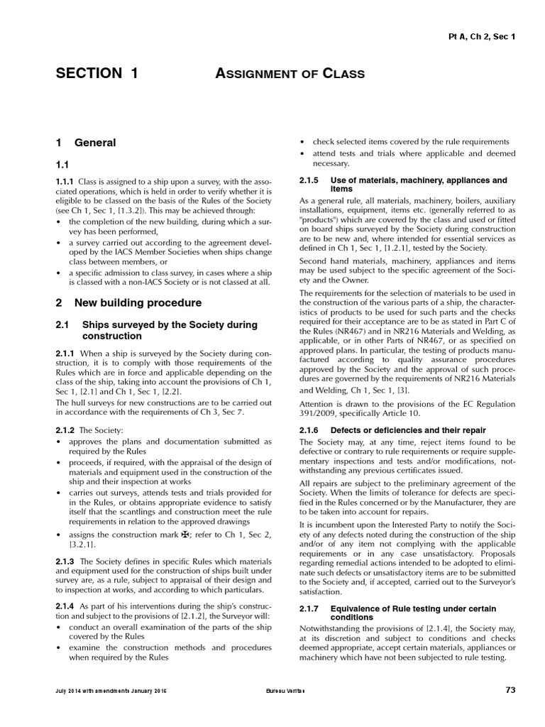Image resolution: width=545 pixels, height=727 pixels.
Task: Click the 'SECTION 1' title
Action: point(97,73)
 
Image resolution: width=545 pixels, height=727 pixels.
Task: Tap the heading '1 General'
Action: point(86,143)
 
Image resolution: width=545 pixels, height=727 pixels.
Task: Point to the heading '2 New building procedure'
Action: point(128,302)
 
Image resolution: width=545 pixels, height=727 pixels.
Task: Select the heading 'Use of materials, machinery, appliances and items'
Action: point(419,185)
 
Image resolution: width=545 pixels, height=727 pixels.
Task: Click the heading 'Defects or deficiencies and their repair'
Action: point(408,430)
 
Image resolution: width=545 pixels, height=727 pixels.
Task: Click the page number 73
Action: point(510,689)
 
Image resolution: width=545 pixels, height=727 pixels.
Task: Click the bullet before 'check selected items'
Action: point(303,142)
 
